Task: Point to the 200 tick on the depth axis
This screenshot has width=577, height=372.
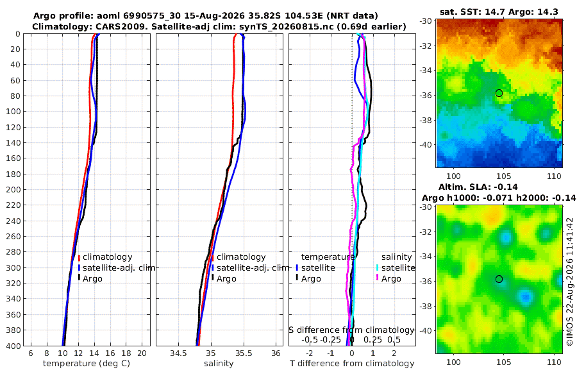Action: [x=15, y=189]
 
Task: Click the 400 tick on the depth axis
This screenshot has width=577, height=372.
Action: [x=15, y=346]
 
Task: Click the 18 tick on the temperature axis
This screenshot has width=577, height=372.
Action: [x=126, y=353]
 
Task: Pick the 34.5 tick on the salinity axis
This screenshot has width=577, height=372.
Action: [x=178, y=353]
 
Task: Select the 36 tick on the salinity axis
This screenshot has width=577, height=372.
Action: [x=276, y=353]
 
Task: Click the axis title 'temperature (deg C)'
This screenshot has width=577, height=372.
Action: [x=87, y=364]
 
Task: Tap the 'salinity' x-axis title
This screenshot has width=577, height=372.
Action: [x=219, y=364]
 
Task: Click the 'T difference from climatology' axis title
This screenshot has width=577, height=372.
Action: [x=352, y=364]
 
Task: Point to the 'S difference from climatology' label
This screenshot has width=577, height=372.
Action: [x=351, y=330]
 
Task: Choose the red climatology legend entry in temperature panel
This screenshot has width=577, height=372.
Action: [x=105, y=257]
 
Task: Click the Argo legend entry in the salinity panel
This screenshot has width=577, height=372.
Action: [x=224, y=278]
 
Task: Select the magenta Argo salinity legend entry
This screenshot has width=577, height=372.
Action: [x=389, y=278]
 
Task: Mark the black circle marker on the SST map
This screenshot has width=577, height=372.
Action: [x=499, y=93]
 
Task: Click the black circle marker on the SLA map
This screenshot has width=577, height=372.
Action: [x=499, y=279]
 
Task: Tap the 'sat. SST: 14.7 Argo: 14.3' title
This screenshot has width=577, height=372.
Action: [x=499, y=12]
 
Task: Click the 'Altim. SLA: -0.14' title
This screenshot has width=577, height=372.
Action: [x=478, y=187]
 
